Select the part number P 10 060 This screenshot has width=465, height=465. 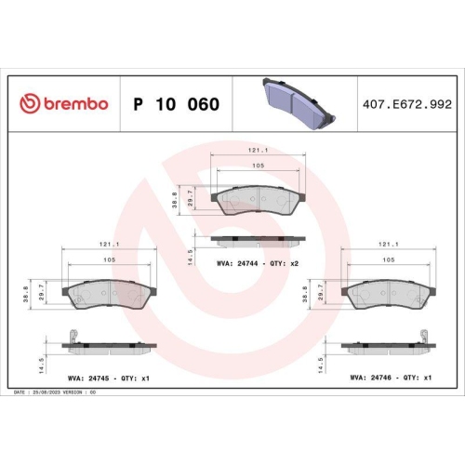[177, 104]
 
